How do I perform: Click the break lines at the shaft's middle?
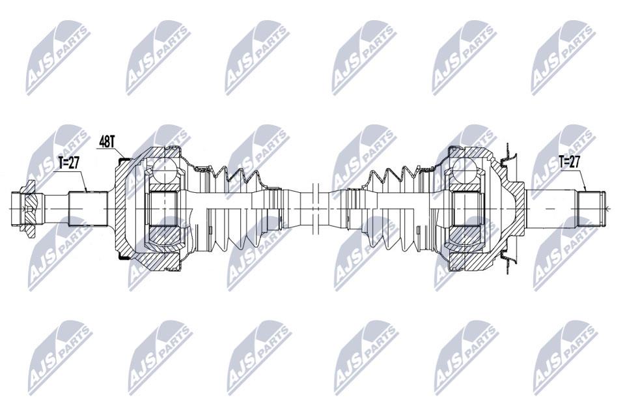point(316,209)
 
